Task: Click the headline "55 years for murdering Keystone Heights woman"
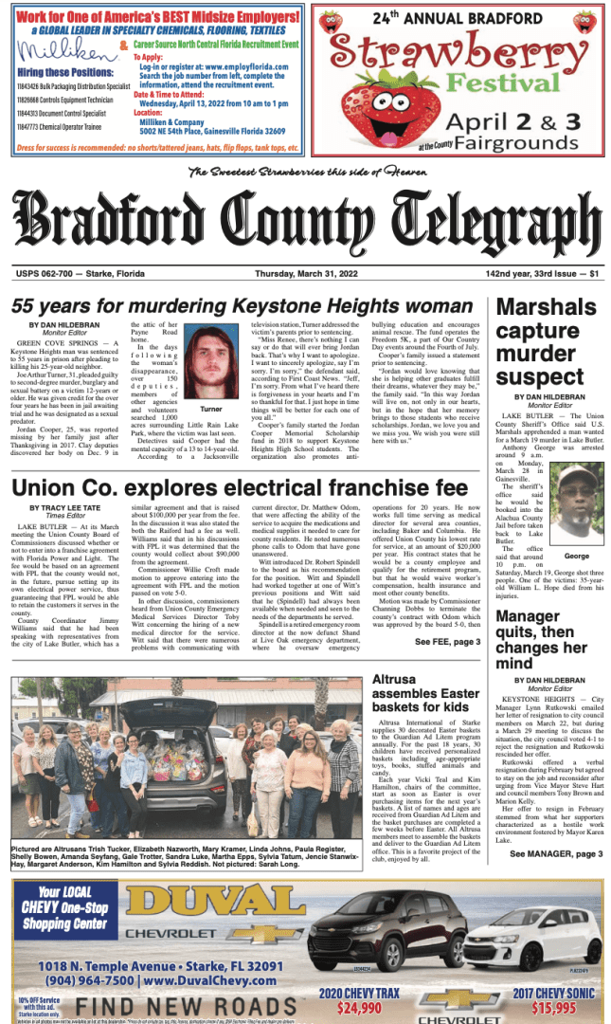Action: [242, 307]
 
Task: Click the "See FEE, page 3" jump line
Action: [447, 642]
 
